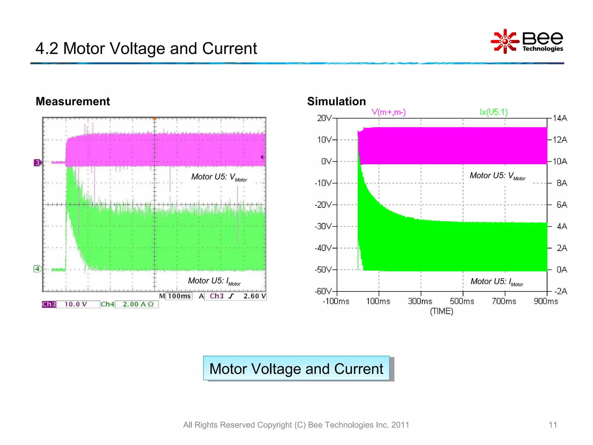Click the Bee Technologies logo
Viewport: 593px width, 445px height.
tap(527, 41)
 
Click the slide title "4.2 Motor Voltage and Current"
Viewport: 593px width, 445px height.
tap(146, 48)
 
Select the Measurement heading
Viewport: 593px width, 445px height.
tap(73, 101)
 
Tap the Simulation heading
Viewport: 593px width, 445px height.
tap(336, 101)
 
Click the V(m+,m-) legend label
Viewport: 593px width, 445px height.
tap(389, 112)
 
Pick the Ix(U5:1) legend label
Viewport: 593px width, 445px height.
tap(494, 112)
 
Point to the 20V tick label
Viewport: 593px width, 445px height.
tap(324, 118)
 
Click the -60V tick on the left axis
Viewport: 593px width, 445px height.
tap(323, 291)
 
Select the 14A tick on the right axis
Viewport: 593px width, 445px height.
tap(560, 118)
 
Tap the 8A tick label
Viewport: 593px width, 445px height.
tap(562, 183)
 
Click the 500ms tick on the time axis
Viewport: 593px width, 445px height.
tap(462, 301)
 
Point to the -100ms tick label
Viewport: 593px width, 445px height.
tap(336, 301)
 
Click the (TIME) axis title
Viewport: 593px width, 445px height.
tap(442, 311)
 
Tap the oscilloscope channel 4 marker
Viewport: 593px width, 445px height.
tap(37, 269)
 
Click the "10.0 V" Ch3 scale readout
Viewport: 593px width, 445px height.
tap(76, 304)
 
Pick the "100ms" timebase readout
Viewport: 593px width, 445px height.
tap(179, 296)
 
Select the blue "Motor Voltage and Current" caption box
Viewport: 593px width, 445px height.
tap(296, 369)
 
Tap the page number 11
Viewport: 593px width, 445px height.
tap(553, 425)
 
